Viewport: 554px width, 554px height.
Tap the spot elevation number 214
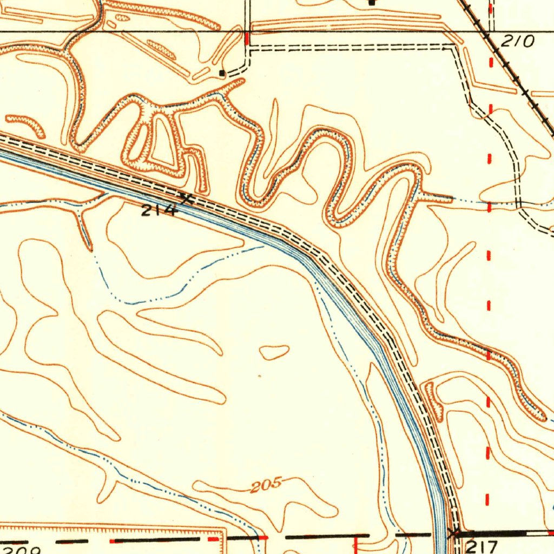159,210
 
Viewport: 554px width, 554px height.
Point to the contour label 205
267,484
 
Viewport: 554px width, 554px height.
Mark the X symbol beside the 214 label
187,199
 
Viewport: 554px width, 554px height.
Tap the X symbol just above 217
453,532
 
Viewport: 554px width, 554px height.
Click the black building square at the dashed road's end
222,72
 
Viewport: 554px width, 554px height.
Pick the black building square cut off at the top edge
372,2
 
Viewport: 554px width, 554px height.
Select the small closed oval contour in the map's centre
274,352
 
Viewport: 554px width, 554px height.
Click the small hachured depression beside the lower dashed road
432,401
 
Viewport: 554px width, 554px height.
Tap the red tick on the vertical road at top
247,38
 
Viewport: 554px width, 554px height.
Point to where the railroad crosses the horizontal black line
485,32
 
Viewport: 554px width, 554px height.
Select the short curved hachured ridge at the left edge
26,124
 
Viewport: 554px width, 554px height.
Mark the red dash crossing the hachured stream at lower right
489,355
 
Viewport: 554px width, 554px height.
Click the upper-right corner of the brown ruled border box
223,528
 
